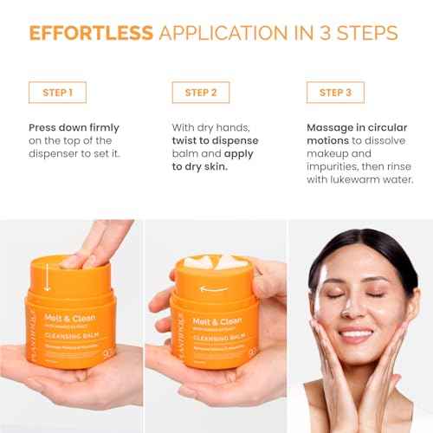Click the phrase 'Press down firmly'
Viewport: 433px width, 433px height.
click(x=74, y=127)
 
